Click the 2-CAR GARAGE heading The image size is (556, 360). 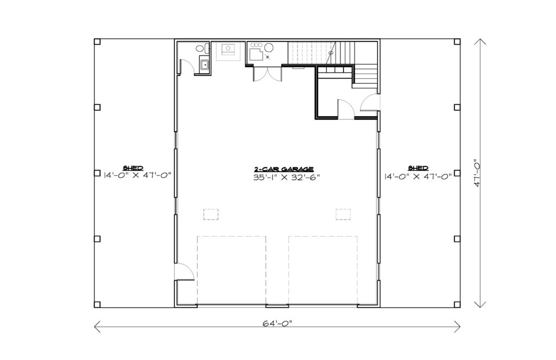point(283,169)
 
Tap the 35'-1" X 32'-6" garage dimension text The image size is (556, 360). point(287,178)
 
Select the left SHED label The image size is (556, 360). point(133,168)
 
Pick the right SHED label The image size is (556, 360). point(418,168)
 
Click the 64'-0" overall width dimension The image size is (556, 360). point(277,323)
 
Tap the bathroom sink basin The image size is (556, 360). point(205,65)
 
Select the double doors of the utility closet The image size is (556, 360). point(268,74)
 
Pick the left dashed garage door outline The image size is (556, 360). point(231,270)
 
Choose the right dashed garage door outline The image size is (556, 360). point(323,270)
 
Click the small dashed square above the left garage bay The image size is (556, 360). point(211,214)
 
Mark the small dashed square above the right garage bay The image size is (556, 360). point(343,214)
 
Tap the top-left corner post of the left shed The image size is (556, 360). point(97,42)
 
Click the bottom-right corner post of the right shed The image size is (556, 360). point(457,304)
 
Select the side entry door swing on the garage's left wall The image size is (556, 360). point(185,271)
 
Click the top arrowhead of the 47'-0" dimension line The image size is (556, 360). point(480,42)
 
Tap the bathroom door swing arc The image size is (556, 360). point(187,67)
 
